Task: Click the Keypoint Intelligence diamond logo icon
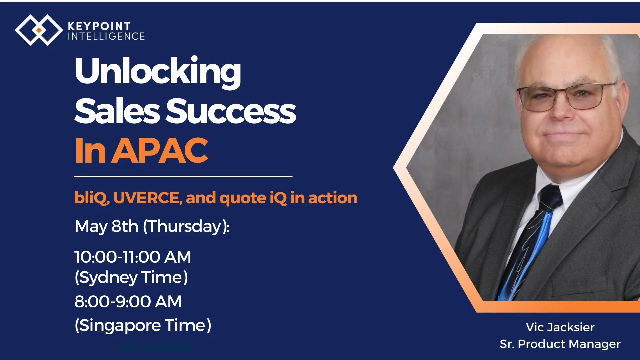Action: pos(39,30)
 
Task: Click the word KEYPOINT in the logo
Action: pos(99,26)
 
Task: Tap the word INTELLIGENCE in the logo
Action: pos(106,36)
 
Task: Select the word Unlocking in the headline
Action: pos(158,72)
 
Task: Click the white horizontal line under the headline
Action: pos(183,176)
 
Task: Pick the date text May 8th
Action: pos(106,226)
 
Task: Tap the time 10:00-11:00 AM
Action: pos(133,257)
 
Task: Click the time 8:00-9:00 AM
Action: pos(128,302)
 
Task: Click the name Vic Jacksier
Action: pos(560,327)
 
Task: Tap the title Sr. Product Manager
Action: pos(560,344)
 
